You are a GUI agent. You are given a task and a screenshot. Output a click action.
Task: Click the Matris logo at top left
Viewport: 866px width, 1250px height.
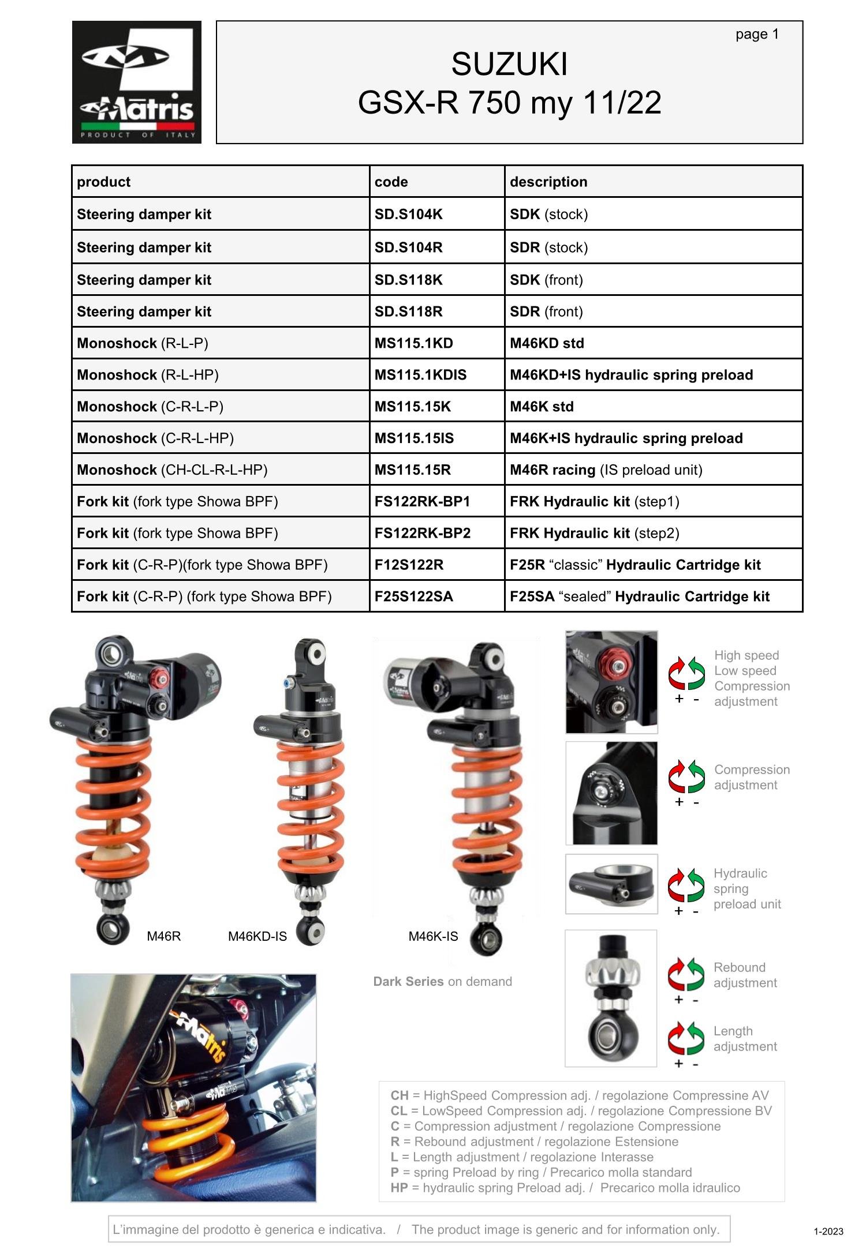pos(136,82)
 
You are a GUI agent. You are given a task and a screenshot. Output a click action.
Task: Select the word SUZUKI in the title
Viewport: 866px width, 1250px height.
pos(509,64)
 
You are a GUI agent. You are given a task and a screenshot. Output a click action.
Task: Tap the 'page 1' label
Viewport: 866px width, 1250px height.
pos(756,35)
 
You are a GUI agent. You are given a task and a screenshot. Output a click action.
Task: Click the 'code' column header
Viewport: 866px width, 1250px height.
pos(391,182)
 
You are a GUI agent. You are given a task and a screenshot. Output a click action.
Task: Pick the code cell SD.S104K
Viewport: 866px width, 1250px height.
pos(408,214)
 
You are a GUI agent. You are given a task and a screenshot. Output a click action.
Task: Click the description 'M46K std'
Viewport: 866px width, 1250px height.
pos(541,407)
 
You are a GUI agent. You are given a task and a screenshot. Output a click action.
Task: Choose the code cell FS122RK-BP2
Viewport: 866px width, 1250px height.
pos(422,533)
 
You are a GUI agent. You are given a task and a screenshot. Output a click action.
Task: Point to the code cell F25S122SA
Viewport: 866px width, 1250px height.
pos(413,596)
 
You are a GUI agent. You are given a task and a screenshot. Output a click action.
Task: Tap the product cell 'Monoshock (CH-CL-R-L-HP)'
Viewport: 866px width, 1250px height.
pos(172,470)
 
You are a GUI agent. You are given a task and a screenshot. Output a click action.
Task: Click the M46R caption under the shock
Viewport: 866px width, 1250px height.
pos(163,936)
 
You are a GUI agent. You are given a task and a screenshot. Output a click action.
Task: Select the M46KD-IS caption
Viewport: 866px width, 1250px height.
pos(257,936)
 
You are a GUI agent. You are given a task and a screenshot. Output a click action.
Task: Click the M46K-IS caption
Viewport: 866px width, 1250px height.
pos(433,936)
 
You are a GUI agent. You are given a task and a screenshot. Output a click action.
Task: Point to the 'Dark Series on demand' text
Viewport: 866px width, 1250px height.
pos(442,982)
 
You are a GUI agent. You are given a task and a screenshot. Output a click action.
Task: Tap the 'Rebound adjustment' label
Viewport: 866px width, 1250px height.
pos(745,975)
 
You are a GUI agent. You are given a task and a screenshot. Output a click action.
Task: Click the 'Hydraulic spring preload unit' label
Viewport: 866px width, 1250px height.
pos(746,888)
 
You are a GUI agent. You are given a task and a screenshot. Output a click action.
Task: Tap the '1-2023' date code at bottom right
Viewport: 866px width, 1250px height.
pos(828,1232)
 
